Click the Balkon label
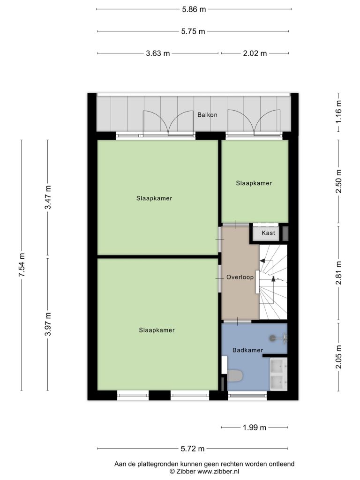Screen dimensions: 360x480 coord(207,115)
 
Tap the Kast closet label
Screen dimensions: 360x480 coord(268,233)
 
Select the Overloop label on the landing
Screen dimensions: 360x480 coord(240,277)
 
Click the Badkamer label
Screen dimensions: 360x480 coord(247,350)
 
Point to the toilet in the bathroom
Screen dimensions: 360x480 coord(235,375)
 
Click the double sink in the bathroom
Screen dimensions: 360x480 coord(278,374)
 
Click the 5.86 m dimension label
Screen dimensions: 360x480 coord(194,9)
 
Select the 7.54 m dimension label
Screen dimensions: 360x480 coord(22,265)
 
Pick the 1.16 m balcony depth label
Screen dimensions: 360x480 coord(338,112)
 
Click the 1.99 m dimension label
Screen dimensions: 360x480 coord(255,427)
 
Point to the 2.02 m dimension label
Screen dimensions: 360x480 coord(255,53)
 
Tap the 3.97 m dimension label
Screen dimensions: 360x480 coord(48,324)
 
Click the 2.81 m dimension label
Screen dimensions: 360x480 coord(338,273)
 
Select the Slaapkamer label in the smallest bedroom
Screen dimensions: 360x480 coord(254,183)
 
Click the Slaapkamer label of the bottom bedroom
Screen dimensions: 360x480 coord(157,330)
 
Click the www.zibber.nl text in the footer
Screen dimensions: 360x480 coord(218,472)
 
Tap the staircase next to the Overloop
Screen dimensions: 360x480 coord(273,282)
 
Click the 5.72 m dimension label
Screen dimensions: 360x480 coord(193,449)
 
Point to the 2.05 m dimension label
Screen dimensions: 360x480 coord(338,357)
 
